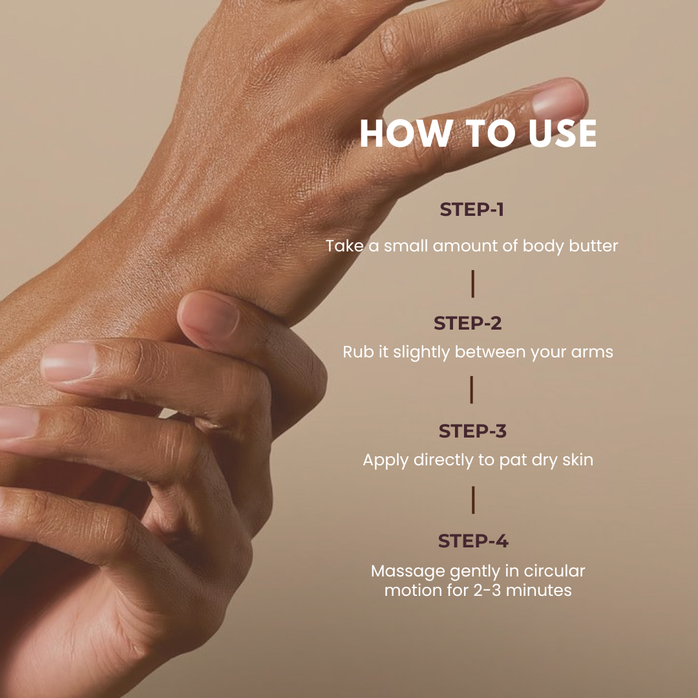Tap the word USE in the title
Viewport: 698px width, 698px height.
tap(563, 133)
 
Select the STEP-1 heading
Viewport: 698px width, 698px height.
tap(472, 209)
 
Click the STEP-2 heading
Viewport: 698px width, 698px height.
tap(468, 323)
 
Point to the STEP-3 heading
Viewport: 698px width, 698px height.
tap(472, 431)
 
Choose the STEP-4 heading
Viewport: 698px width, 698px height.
tap(473, 541)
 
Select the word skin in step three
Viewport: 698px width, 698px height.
tap(578, 460)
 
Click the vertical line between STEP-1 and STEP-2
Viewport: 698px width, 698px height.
tap(472, 284)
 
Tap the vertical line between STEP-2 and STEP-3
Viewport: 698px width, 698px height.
tap(471, 390)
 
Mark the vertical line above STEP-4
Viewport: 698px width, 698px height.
tap(472, 500)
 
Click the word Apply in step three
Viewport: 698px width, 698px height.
tap(385, 460)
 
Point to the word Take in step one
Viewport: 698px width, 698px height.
tap(344, 246)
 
